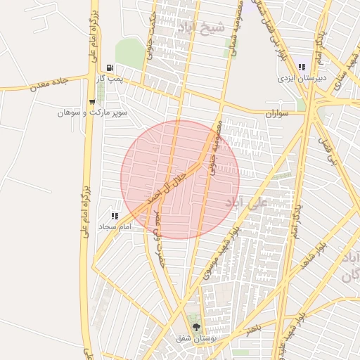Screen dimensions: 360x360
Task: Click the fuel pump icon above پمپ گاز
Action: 109,68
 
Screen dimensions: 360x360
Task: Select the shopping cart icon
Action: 92,102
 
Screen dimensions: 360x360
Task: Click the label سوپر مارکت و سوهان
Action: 92,112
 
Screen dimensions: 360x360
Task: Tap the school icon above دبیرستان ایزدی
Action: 302,67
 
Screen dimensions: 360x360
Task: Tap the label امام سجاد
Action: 115,226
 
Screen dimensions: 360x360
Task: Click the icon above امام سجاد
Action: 115,216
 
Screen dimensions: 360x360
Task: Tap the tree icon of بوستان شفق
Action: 196,326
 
